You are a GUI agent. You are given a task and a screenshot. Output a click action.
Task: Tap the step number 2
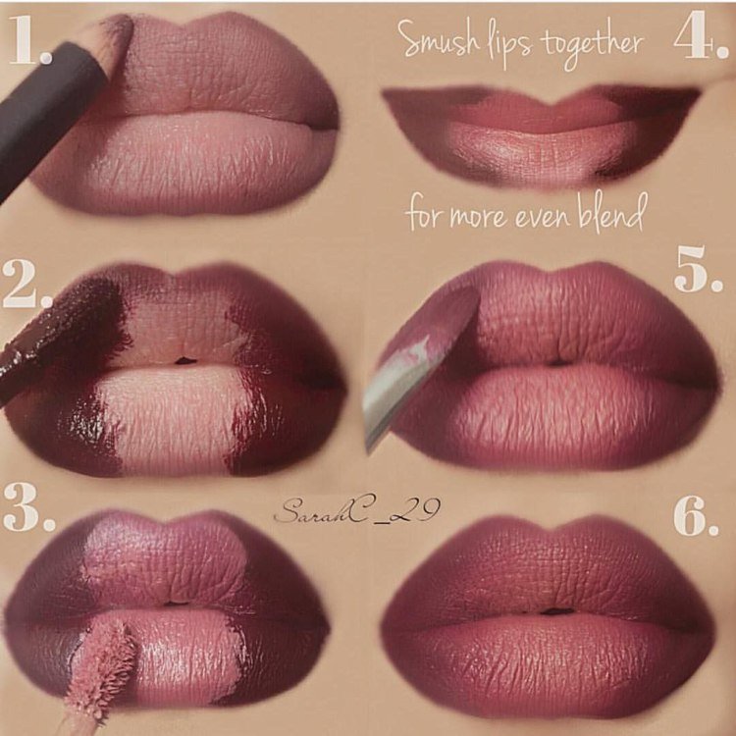coord(27,285)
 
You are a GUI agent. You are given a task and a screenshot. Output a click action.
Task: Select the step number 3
coord(29,507)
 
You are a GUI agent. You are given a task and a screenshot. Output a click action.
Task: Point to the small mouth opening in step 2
coord(185,361)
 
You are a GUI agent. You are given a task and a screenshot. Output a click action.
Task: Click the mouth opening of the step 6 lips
coord(556,611)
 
